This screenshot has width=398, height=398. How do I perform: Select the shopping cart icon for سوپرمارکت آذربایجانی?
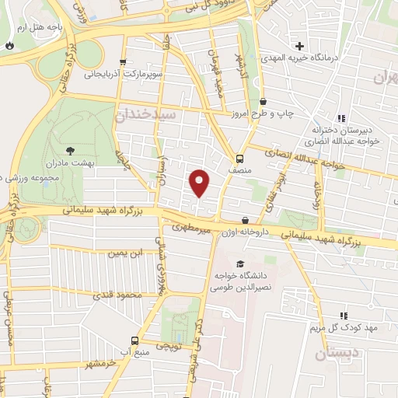point(122,63)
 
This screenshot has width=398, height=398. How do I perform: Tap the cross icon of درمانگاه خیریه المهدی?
point(300,46)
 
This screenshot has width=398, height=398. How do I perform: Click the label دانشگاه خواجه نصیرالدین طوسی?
point(240,281)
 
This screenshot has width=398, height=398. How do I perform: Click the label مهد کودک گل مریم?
point(342,327)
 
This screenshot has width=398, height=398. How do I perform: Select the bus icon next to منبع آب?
point(135,340)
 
